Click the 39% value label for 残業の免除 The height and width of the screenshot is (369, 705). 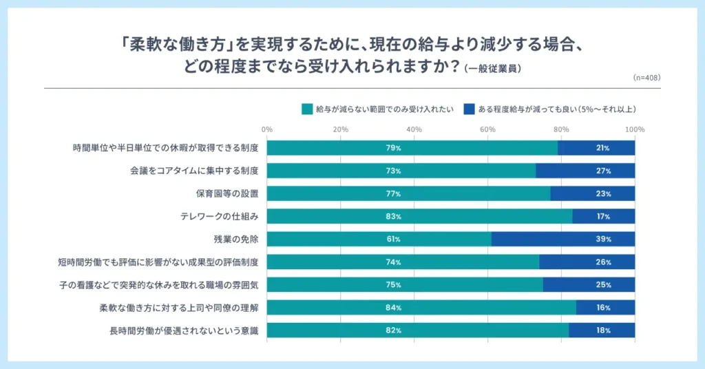click(x=604, y=240)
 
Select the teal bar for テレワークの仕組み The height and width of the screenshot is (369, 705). click(x=419, y=217)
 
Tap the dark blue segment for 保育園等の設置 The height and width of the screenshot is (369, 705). click(x=592, y=193)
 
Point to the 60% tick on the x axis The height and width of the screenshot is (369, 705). click(x=487, y=129)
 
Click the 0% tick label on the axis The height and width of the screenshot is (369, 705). click(x=267, y=129)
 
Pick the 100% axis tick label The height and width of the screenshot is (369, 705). click(x=634, y=129)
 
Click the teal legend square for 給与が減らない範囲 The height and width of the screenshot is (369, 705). click(x=306, y=109)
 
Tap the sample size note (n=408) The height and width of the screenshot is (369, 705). click(x=646, y=78)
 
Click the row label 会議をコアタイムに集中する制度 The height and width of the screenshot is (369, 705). click(x=193, y=171)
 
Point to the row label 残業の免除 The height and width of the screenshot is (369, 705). click(x=236, y=240)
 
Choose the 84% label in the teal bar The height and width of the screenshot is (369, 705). click(x=394, y=308)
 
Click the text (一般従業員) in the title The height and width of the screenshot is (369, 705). click(x=492, y=69)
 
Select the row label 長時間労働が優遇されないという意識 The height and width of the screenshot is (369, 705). click(x=184, y=331)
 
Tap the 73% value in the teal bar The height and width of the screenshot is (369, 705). click(x=394, y=171)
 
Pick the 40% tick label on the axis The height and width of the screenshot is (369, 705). click(x=414, y=129)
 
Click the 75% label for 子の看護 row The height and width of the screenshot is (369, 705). click(x=394, y=285)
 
